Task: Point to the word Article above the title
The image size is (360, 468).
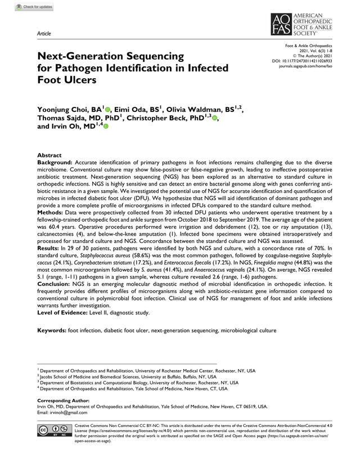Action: coord(44,33)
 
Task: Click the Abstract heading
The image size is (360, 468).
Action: coord(49,154)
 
